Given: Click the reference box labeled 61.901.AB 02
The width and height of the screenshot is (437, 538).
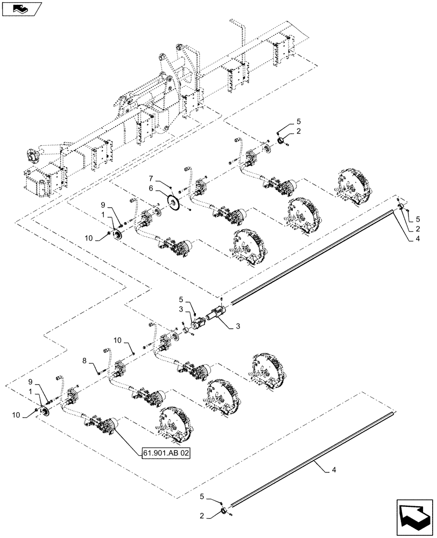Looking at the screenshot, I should coord(166,454).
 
